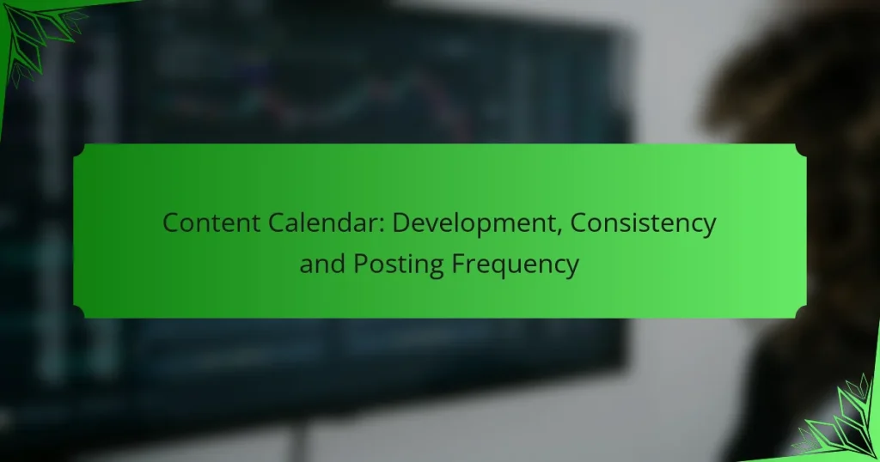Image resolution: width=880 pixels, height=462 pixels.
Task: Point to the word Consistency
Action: click(643, 224)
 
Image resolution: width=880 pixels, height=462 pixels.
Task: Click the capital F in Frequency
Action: click(459, 264)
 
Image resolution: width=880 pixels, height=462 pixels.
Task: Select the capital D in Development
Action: click(401, 222)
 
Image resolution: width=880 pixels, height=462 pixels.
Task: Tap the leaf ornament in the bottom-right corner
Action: click(837, 417)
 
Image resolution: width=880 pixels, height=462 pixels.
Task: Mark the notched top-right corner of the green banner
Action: click(800, 150)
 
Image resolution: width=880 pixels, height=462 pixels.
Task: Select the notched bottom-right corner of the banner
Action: click(800, 312)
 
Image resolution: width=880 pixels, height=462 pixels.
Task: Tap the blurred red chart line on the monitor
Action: click(443, 104)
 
